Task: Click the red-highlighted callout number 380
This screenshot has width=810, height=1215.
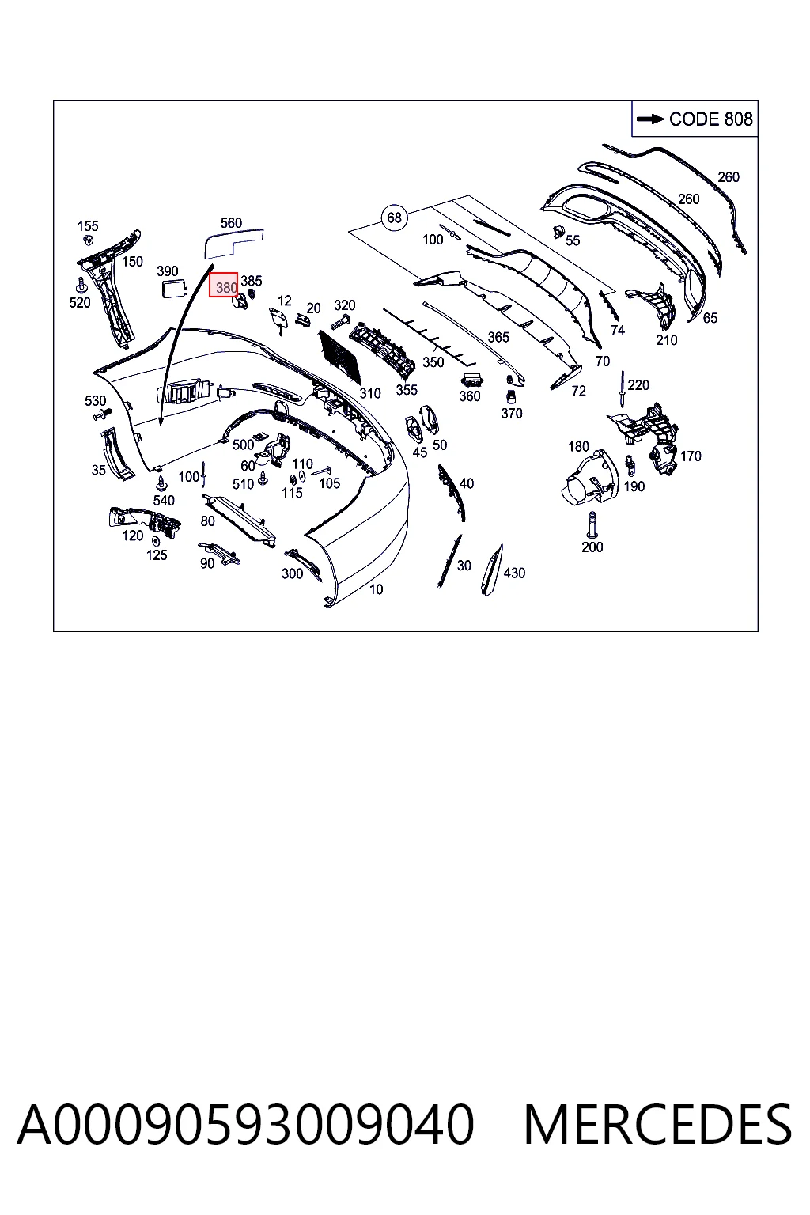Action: (x=224, y=285)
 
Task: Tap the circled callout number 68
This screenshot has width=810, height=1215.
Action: (x=395, y=218)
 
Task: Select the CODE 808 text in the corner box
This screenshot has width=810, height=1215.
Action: (x=710, y=119)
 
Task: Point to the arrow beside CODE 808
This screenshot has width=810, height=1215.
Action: (x=650, y=119)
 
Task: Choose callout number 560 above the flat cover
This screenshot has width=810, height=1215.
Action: (x=231, y=222)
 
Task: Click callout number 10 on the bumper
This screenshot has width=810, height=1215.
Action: (x=376, y=589)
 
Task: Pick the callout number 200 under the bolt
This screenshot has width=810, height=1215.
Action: (x=592, y=547)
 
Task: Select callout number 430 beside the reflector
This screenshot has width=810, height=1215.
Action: (x=514, y=573)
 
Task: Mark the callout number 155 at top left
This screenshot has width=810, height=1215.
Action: (x=88, y=225)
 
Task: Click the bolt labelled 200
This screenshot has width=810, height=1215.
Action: (x=592, y=525)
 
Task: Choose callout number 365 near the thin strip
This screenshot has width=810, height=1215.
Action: (x=498, y=338)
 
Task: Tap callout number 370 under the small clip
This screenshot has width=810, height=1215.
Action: (x=512, y=414)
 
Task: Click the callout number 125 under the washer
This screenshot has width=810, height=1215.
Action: (x=157, y=555)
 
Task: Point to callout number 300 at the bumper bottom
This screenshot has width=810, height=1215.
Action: (x=292, y=573)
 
